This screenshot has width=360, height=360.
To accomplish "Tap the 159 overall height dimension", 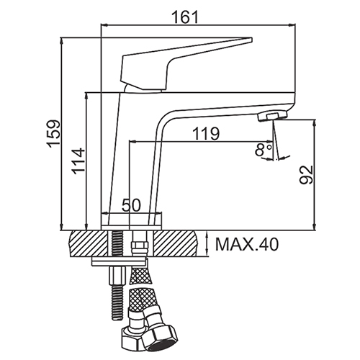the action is [x=53, y=134].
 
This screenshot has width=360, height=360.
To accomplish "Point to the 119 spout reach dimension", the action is [x=206, y=133].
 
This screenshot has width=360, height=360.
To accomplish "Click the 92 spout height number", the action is [x=307, y=175].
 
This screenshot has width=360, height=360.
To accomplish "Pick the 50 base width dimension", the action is [x=131, y=205].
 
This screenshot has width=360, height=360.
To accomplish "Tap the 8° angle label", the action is [x=263, y=150].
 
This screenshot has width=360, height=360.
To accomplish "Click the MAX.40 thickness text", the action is [x=248, y=245].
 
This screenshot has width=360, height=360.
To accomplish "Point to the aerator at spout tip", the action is [x=272, y=117].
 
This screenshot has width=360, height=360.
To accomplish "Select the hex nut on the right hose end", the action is [x=158, y=337].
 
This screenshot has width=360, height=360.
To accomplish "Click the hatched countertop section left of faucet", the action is [x=88, y=243].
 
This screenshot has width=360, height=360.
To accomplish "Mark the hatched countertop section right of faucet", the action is [x=175, y=243].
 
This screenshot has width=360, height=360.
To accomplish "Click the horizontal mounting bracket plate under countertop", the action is [x=119, y=261].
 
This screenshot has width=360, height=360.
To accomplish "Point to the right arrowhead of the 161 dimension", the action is [x=292, y=24].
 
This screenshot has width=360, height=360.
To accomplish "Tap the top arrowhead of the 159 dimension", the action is [x=62, y=40].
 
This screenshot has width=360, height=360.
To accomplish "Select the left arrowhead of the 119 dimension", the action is [x=132, y=142].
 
